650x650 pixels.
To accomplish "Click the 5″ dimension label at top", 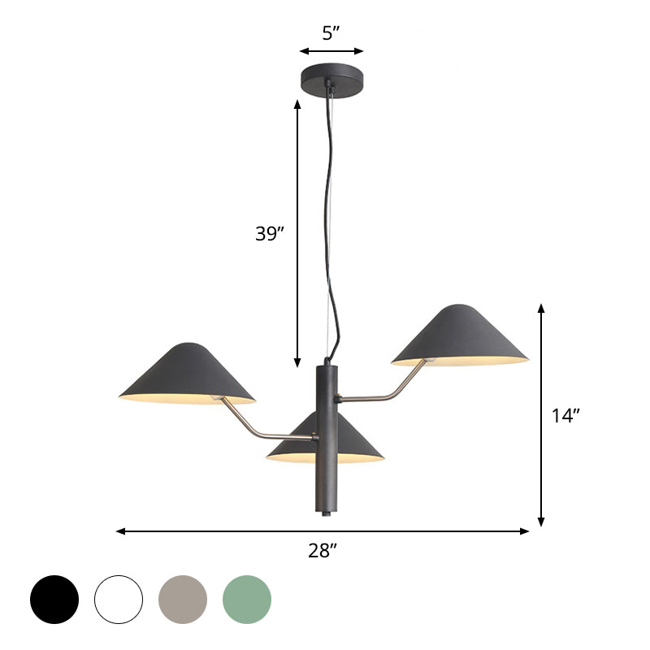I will [x=330, y=33].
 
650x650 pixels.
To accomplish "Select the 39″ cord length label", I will [x=268, y=234].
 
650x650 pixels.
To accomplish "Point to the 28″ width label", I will [x=323, y=551].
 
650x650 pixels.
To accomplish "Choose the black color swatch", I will [x=54, y=600].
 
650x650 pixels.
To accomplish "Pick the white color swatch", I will [x=119, y=600].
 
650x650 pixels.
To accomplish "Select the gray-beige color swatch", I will [x=183, y=600].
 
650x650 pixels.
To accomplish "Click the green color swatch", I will [x=247, y=600].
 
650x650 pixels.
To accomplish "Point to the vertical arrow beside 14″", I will [x=541, y=414].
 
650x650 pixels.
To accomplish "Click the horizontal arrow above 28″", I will [x=323, y=531].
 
